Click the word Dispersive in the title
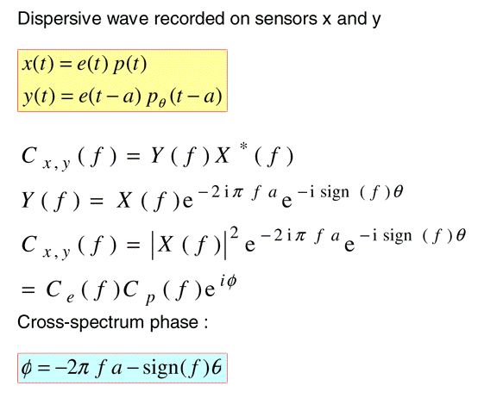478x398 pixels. click(x=60, y=20)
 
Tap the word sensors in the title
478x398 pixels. click(x=286, y=19)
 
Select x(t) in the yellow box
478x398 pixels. click(x=38, y=65)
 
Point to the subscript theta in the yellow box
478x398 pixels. click(x=162, y=103)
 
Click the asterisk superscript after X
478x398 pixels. click(x=243, y=147)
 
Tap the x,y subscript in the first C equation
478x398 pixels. click(x=56, y=165)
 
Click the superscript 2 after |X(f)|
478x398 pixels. click(x=235, y=233)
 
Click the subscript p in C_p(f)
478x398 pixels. click(x=149, y=299)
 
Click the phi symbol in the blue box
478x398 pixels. click(x=27, y=369)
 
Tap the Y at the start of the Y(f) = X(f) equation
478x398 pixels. click(x=28, y=201)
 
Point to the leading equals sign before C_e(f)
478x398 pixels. click(x=28, y=289)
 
